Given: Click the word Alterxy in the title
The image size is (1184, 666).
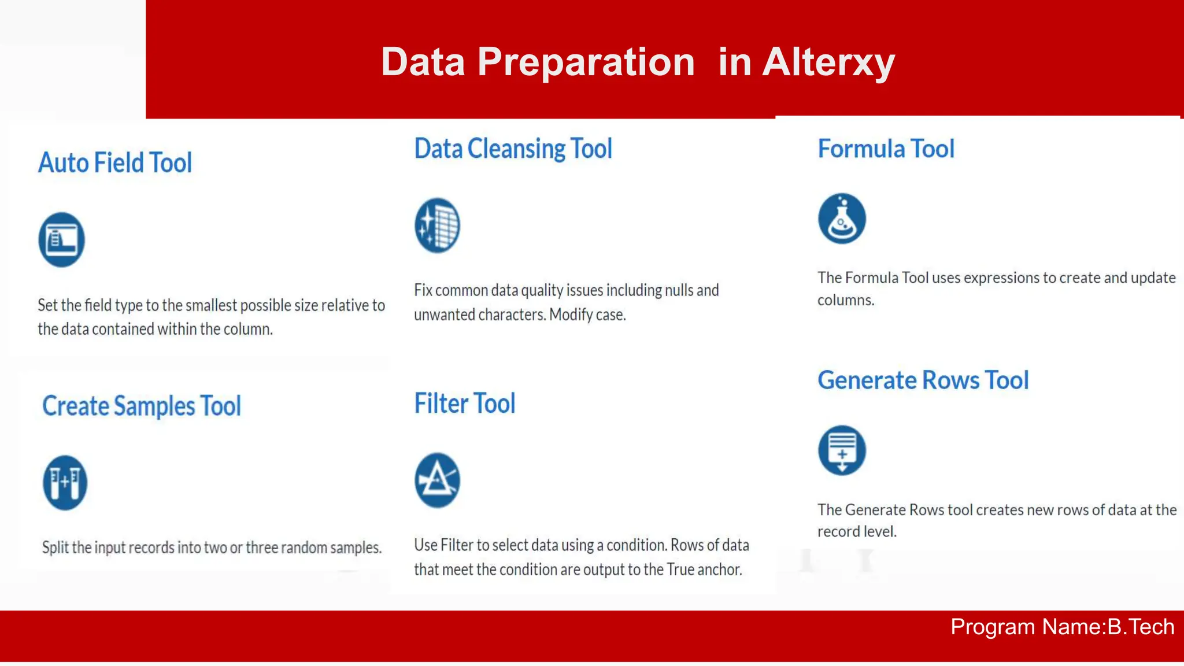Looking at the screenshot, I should [828, 62].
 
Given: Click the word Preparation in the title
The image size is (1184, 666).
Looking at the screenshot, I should [586, 62].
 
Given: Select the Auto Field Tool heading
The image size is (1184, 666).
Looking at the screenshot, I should [115, 163].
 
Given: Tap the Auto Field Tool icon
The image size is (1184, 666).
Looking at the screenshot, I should [62, 239].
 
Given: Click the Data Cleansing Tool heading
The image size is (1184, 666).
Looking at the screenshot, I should [513, 149].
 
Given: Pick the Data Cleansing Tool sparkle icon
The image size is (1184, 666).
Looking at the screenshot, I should [437, 225].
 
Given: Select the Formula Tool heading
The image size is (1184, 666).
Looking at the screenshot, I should [886, 149].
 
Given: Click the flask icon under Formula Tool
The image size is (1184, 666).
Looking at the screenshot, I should [842, 219].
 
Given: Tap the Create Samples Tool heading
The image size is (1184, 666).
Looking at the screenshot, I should [142, 406].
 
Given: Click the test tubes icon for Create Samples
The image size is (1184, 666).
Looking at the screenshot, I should [65, 483].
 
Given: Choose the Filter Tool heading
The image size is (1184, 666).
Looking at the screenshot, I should [465, 404].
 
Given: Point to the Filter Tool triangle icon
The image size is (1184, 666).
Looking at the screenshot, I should [437, 480].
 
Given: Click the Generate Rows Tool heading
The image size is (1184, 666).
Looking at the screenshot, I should [923, 380].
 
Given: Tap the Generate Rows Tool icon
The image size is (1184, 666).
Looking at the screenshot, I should [842, 450].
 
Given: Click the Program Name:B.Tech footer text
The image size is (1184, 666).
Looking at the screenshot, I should [1062, 627].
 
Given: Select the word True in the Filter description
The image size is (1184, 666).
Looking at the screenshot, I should [680, 570].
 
